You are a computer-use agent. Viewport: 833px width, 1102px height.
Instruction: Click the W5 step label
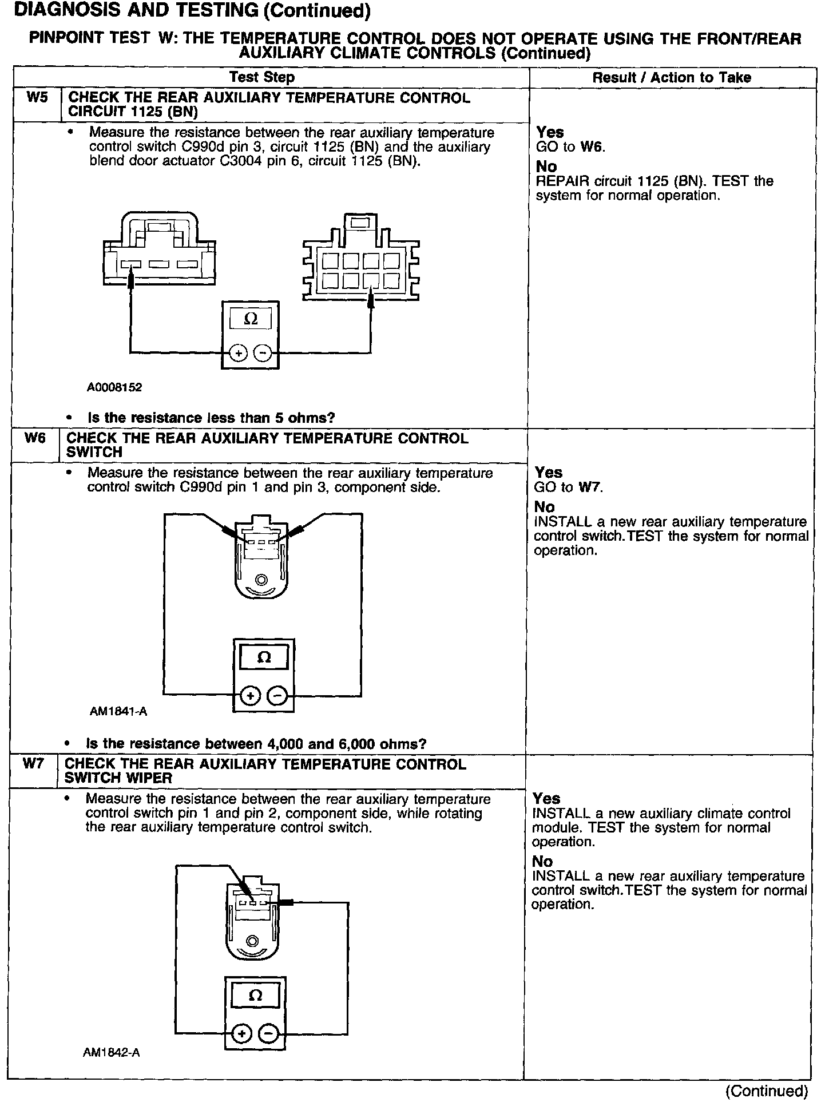pos(37,97)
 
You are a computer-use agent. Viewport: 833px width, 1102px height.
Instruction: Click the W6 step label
pos(35,438)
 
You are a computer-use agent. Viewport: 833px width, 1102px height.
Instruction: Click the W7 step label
pos(33,764)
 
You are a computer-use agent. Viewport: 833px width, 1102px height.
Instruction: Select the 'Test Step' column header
pos(262,77)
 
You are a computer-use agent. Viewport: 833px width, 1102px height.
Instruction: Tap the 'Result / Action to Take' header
pos(672,78)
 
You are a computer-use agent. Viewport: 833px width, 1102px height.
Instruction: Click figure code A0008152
pos(114,387)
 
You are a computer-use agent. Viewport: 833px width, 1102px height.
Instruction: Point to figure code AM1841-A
pos(118,712)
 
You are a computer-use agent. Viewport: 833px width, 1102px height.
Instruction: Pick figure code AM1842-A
pos(111,1052)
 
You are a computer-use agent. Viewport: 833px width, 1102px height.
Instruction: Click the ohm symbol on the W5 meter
pos(251,319)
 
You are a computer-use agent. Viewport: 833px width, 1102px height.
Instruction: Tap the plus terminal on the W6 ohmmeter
pos(250,696)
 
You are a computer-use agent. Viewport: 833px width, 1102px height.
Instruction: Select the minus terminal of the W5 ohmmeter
pos(263,353)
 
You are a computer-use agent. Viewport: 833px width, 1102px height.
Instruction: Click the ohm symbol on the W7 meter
pos(256,996)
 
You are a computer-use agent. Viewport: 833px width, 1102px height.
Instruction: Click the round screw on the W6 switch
pos(261,580)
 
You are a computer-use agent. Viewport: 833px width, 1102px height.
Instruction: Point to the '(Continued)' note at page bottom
pos(767,1091)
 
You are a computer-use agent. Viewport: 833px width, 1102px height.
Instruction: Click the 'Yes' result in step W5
pos(550,132)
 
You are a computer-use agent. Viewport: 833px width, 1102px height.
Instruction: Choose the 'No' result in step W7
pos(542,862)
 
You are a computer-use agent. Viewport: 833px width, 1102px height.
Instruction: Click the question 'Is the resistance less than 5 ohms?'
pos(211,418)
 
